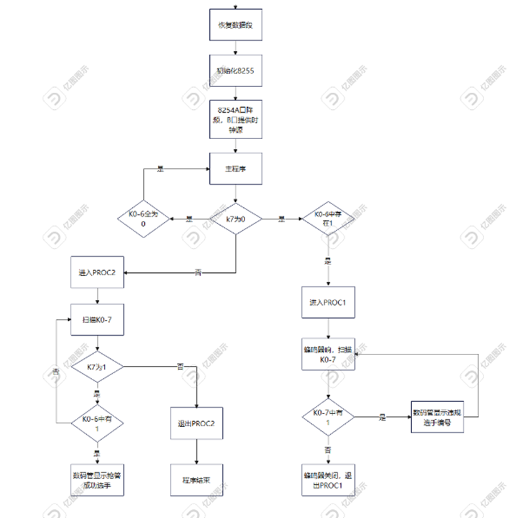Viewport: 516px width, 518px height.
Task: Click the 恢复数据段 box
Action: (234, 26)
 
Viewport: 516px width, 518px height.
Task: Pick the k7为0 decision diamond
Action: (236, 219)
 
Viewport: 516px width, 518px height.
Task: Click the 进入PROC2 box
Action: (97, 273)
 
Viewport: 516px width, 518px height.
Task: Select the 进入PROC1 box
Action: (328, 303)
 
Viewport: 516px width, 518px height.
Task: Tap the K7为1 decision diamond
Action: (97, 366)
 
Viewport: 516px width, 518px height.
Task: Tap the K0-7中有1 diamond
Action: (328, 417)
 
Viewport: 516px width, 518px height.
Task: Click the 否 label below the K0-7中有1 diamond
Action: (328, 450)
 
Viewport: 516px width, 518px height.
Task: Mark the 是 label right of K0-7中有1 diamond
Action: (382, 417)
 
